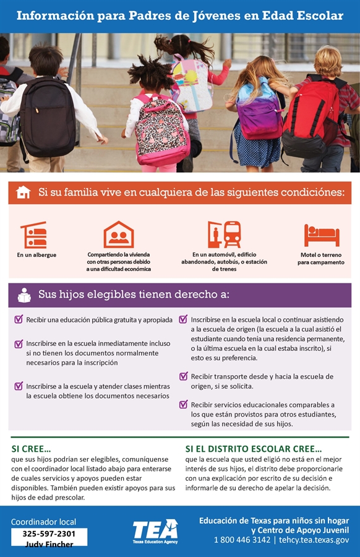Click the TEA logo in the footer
pos(155,530)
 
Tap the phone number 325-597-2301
pos(49,533)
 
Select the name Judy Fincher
pos(49,545)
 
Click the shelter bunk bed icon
pos(34,235)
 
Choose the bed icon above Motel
pos(322,235)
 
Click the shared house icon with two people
pos(119,235)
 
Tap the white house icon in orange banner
pos(23,192)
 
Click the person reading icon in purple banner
pos(24,295)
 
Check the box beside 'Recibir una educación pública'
pos(19,320)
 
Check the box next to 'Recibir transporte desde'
pos(184,376)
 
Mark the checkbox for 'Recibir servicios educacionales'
pos(184,405)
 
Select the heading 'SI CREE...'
pos(31,449)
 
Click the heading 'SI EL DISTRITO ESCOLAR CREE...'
pos(254,449)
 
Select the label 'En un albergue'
pos(36,255)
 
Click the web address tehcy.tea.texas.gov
pos(314,540)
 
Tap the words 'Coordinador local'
pos(43,522)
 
